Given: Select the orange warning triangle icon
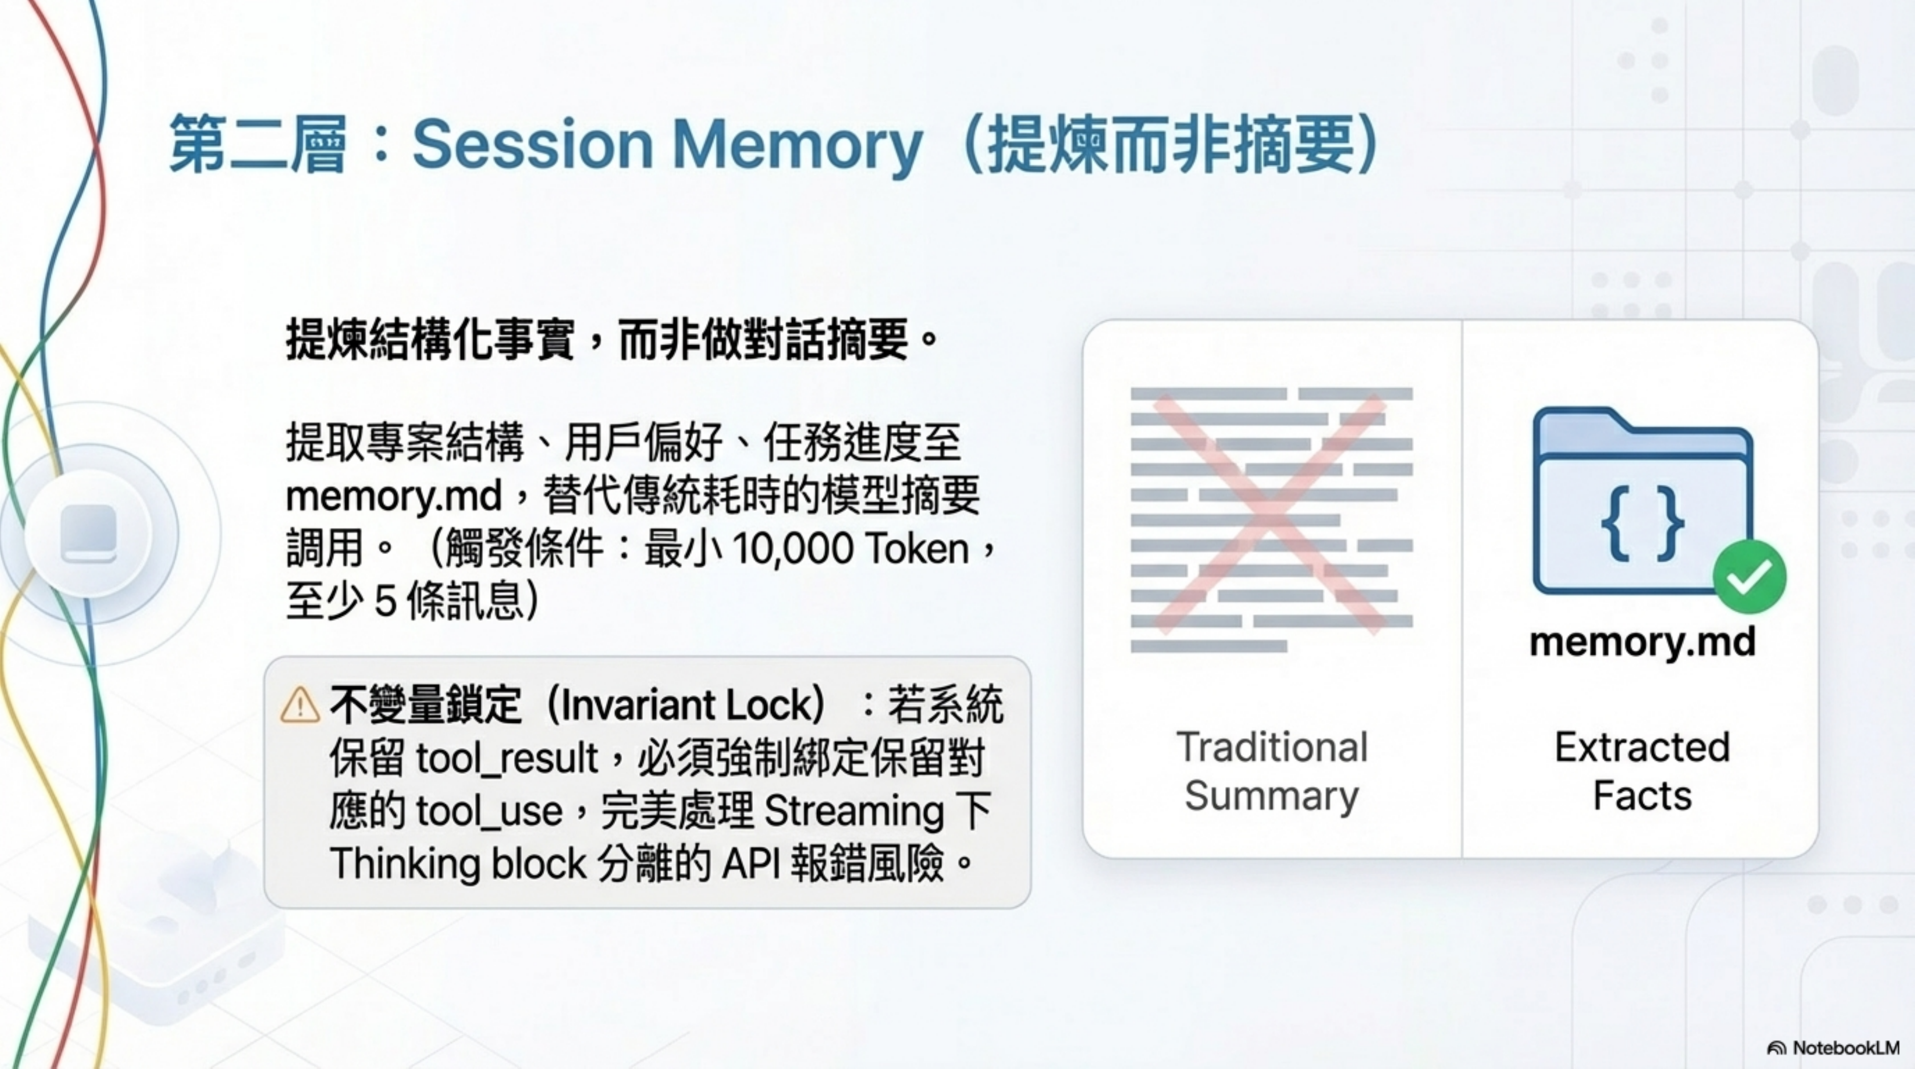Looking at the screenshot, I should click(x=300, y=705).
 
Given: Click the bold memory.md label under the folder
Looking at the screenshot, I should click(x=1642, y=642).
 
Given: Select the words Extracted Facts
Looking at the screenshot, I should click(x=1642, y=771).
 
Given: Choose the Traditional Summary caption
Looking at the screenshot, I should click(x=1271, y=771).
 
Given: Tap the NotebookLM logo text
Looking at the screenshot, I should click(x=1845, y=1048).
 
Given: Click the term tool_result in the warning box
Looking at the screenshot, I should click(x=506, y=759).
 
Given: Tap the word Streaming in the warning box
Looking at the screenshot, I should click(x=854, y=811).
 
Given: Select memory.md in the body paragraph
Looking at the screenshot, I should click(x=394, y=496).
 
